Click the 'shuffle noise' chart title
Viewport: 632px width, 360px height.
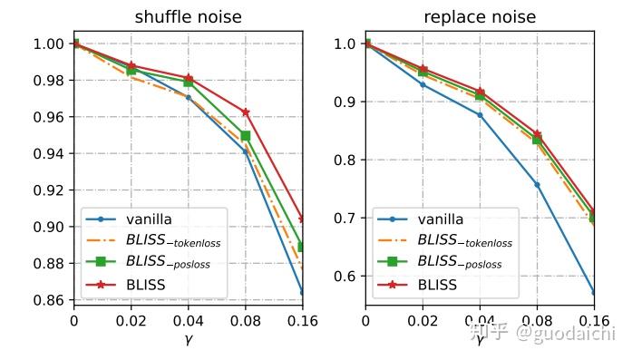(188, 17)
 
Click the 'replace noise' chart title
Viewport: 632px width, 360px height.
(480, 17)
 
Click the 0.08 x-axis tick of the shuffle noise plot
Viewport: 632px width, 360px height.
(245, 321)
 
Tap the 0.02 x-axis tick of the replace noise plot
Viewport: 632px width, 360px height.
(423, 321)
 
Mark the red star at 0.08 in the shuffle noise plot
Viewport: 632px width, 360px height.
(245, 112)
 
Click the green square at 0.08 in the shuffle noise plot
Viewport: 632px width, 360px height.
(245, 136)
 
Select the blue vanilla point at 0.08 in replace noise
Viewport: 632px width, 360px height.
(537, 185)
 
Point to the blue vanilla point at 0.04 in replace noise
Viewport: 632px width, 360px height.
(480, 115)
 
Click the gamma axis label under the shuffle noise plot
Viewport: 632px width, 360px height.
(188, 339)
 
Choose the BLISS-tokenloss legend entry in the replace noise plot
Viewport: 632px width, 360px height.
(463, 241)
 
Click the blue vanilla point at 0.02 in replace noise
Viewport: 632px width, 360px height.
(423, 84)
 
